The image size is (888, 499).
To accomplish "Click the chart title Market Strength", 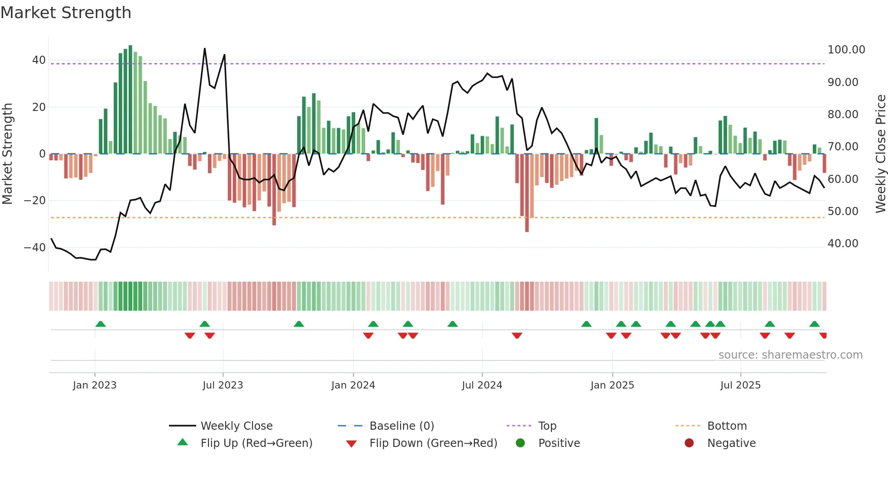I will pos(66,13).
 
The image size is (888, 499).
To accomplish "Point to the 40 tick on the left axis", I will pos(39,60).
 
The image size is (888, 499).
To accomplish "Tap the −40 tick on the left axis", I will pos(35,248).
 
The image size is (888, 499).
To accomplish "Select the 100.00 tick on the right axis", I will pos(846,50).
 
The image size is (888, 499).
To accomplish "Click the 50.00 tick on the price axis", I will pos(843,211).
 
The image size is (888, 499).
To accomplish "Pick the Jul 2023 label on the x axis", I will pos(222,385).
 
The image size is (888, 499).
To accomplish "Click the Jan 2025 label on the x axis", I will pos(612,385).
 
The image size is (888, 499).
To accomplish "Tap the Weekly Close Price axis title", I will pos(880,154).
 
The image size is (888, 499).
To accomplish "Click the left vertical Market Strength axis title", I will pos(7,154).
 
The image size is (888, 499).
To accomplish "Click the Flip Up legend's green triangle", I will pos(183,442).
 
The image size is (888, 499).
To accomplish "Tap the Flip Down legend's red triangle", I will pos(351,444).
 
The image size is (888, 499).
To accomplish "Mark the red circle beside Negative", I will pos(689,443).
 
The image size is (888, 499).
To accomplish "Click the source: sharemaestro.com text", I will pos(790,355).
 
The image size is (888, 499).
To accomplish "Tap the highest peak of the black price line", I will pos(205,49).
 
